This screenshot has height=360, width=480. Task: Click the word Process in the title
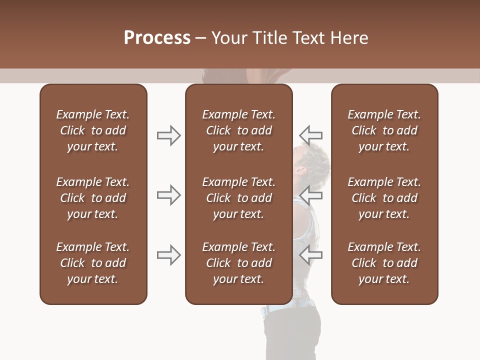(157, 38)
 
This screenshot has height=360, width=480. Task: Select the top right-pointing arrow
(168, 135)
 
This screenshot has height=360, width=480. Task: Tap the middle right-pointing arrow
(168, 195)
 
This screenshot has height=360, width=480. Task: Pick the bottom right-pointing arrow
(168, 255)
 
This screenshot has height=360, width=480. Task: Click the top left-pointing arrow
(310, 135)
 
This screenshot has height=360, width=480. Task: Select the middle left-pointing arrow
(310, 195)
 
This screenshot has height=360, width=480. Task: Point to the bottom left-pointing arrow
(310, 255)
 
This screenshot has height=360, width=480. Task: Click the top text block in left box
(93, 130)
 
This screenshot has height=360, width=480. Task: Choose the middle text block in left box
(93, 198)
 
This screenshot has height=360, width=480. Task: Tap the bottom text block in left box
(93, 263)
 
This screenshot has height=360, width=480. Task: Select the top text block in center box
(239, 130)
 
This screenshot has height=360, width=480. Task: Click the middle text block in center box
(239, 198)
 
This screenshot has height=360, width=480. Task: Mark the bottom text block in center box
(239, 263)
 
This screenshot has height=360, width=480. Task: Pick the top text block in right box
(384, 130)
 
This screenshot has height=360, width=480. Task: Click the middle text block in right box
(384, 198)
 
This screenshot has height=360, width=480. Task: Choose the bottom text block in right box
(384, 263)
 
